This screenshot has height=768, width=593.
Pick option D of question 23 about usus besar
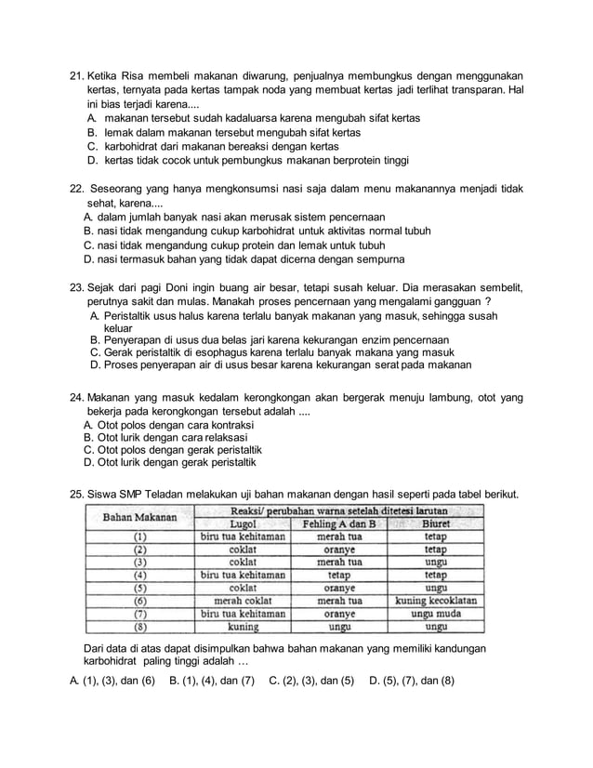click(279, 365)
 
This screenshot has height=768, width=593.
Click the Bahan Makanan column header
click(138, 517)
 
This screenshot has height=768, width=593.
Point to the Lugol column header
click(243, 523)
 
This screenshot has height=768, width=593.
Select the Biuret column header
click(435, 523)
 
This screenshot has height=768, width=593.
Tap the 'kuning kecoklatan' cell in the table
click(435, 601)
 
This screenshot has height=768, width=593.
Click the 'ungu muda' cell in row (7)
click(435, 614)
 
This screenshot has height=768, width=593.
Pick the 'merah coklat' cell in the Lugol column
click(243, 601)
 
